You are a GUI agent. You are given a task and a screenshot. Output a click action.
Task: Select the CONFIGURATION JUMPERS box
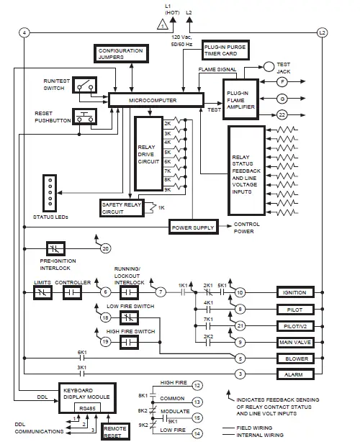point(120,53)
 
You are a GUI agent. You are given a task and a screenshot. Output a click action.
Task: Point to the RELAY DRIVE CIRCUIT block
point(147,154)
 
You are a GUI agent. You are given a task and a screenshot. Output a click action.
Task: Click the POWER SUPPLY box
point(192,227)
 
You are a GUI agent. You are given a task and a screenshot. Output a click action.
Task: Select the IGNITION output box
point(299,292)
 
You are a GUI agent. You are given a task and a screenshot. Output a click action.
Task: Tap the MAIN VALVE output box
point(299,341)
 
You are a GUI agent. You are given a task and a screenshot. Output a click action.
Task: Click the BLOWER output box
point(299,358)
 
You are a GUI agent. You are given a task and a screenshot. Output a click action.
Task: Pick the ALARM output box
point(299,375)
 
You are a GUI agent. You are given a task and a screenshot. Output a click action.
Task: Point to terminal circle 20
point(105,248)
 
